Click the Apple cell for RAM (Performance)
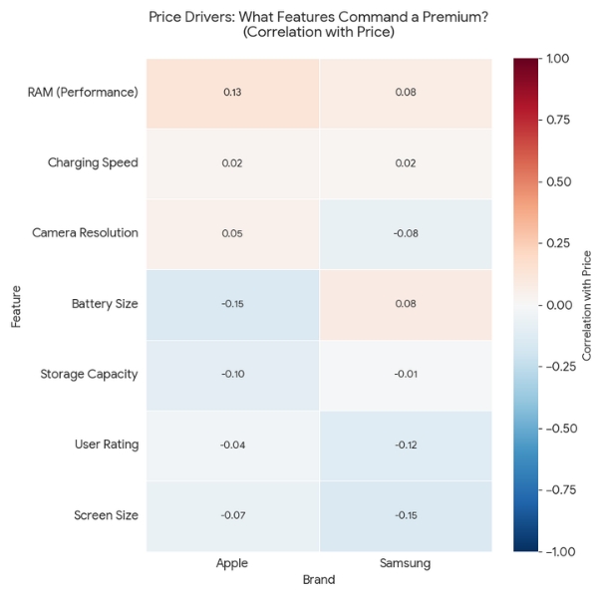pyautogui.click(x=232, y=93)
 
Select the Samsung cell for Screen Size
pyautogui.click(x=405, y=515)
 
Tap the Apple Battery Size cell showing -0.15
pyautogui.click(x=232, y=304)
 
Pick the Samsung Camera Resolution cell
pyautogui.click(x=405, y=233)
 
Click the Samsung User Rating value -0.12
pyautogui.click(x=405, y=445)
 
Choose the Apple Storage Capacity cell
pyautogui.click(x=232, y=374)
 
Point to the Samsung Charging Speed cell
pyautogui.click(x=405, y=162)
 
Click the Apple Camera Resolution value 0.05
pyautogui.click(x=232, y=233)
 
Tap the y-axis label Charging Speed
pyautogui.click(x=93, y=162)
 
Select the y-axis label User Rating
pyautogui.click(x=107, y=445)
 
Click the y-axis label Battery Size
pyautogui.click(x=105, y=304)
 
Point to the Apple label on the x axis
pyautogui.click(x=232, y=564)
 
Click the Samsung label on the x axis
pyautogui.click(x=405, y=564)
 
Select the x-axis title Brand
pyautogui.click(x=319, y=579)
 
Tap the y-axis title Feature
pyautogui.click(x=17, y=304)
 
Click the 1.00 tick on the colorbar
pyautogui.click(x=558, y=59)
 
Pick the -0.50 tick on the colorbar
pyautogui.click(x=556, y=429)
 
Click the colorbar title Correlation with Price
pyautogui.click(x=587, y=304)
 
